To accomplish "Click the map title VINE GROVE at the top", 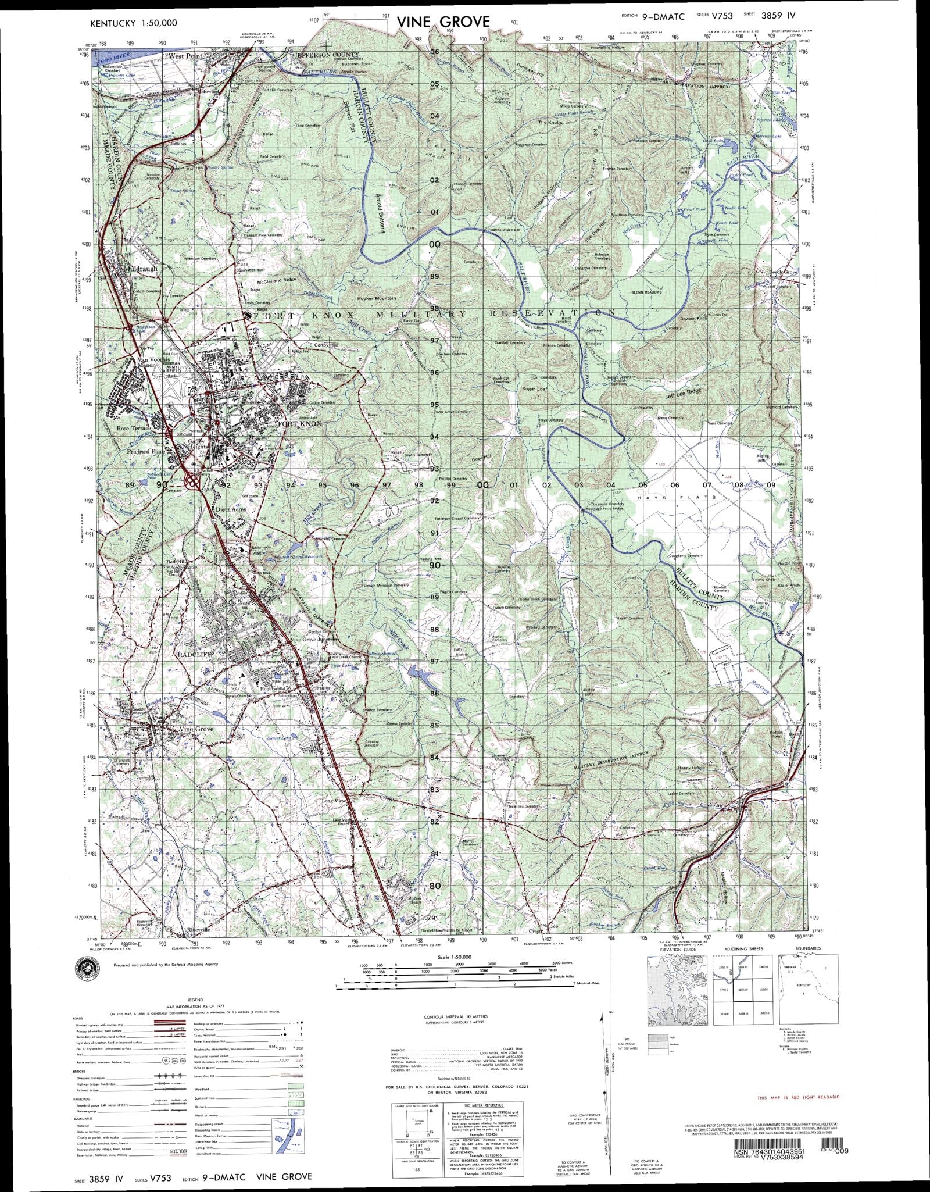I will [443, 22].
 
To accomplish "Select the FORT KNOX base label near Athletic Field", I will [299, 424].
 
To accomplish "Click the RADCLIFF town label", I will [193, 654].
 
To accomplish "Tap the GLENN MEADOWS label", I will [646, 292].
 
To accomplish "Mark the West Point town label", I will [184, 56].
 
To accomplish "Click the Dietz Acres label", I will [230, 509].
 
